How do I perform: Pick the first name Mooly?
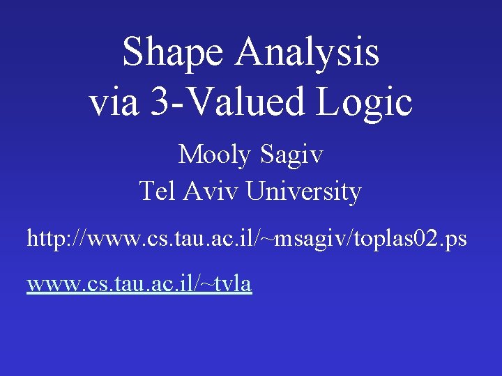216,155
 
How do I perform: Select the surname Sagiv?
292,155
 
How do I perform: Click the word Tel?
158,191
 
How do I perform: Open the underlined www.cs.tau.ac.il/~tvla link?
139,283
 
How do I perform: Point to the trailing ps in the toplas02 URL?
456,240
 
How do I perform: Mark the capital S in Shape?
132,53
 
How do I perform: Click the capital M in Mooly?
190,155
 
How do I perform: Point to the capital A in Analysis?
249,53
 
